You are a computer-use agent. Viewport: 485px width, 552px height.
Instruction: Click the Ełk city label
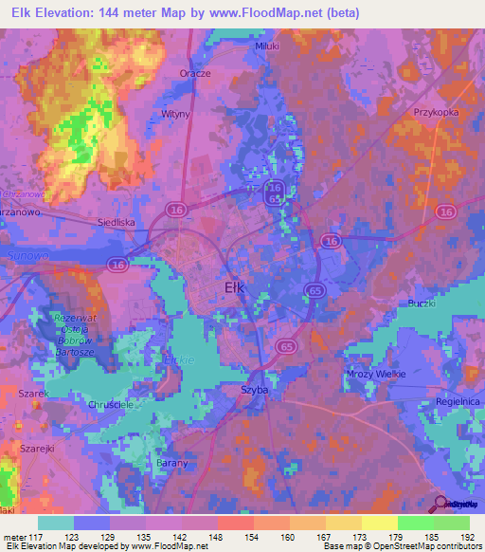coord(238,286)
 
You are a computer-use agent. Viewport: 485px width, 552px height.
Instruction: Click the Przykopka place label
coord(436,112)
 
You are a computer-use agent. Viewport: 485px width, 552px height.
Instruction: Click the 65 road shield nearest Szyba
coord(285,348)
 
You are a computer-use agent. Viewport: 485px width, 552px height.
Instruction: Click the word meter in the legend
coord(16,538)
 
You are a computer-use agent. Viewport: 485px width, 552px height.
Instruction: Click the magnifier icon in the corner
coord(439,503)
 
